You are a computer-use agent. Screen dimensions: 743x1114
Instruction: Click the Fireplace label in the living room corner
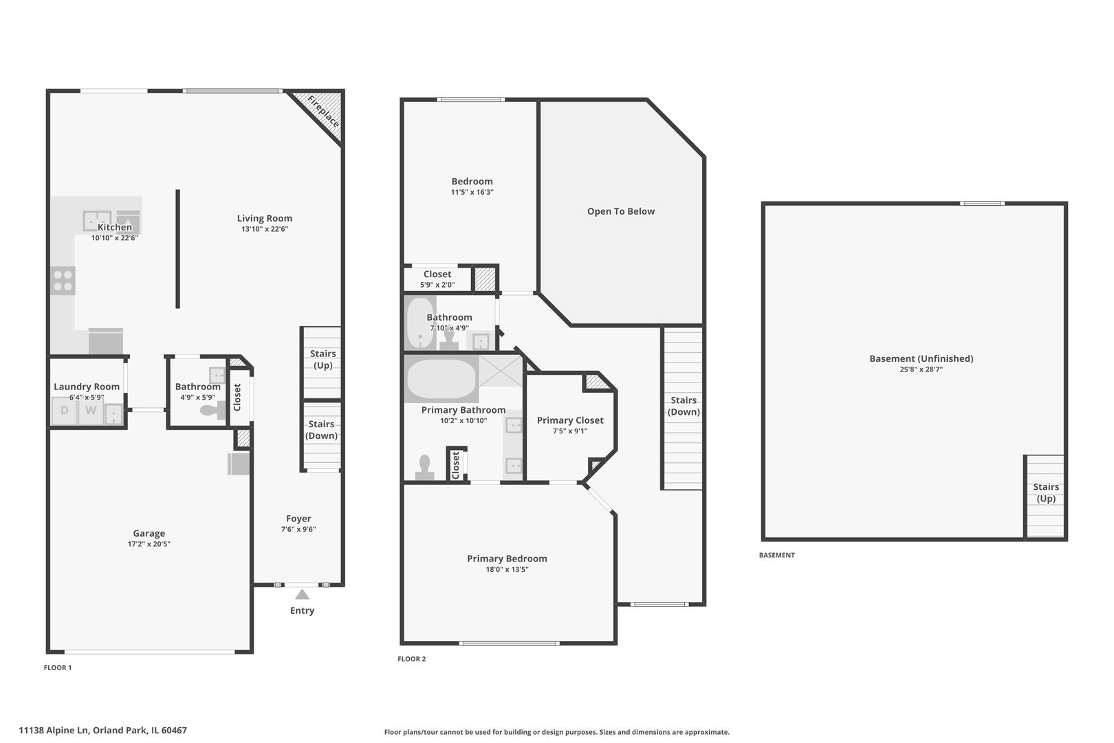coord(323,112)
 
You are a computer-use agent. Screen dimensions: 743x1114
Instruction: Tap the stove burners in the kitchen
coord(63,281)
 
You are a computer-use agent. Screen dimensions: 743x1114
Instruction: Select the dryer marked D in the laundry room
coord(65,411)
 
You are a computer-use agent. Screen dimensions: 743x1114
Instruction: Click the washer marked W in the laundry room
coord(91,411)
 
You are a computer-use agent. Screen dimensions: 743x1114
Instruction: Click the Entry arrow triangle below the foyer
coord(302,594)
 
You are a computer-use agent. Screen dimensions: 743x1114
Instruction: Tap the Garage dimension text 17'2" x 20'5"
coord(149,544)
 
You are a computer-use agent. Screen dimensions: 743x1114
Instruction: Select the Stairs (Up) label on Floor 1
coord(323,359)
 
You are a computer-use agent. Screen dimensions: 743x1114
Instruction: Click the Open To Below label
coord(620,211)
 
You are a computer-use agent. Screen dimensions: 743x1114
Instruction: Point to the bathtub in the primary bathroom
coord(441,379)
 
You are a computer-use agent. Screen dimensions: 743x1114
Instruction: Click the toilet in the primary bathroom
coord(424,466)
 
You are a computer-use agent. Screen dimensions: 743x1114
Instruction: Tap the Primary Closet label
coord(570,420)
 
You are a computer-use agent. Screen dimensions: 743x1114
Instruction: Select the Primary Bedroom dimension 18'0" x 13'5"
coord(507,570)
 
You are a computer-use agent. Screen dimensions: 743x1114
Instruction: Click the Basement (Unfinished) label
coord(921,358)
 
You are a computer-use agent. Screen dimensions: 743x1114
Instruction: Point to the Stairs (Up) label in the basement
coord(1045,493)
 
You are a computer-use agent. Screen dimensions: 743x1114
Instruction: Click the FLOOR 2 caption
coord(411,659)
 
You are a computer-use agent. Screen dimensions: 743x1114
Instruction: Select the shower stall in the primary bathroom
coord(500,372)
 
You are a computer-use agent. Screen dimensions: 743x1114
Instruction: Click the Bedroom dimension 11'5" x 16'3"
coord(472,193)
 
